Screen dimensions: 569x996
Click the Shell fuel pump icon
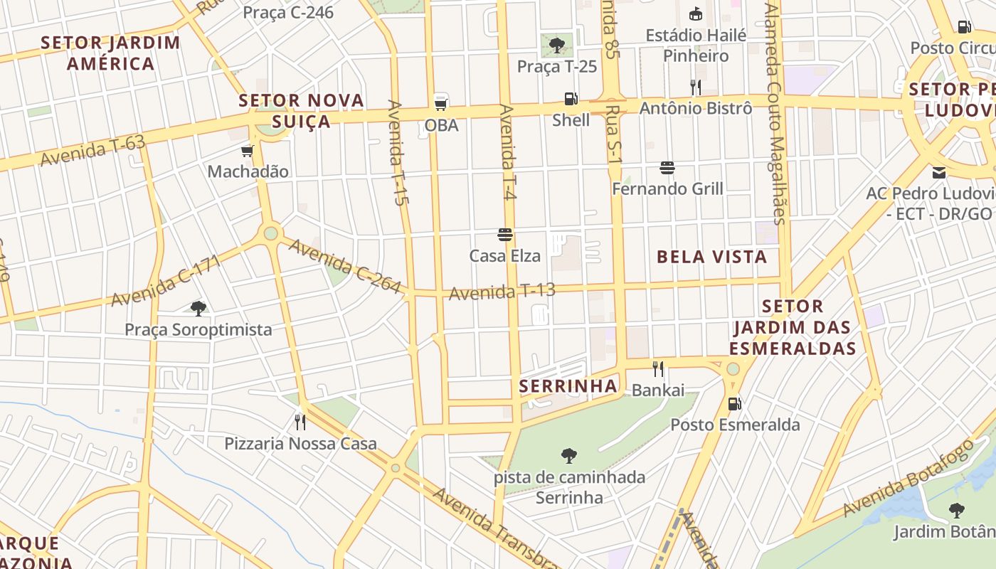571,99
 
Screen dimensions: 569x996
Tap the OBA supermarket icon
441,103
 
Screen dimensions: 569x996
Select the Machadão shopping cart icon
248,151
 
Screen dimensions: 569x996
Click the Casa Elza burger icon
505,235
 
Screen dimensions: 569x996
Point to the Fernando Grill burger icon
667,168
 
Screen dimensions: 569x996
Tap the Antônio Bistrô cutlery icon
695,87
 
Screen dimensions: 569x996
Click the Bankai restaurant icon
658,368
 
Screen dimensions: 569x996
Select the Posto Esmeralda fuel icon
734,404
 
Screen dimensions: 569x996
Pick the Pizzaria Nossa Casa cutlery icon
300,422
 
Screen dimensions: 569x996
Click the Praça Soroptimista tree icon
198,308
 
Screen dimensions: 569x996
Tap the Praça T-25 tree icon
556,45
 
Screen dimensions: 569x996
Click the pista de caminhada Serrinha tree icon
569,455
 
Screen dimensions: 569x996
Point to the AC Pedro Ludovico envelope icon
939,172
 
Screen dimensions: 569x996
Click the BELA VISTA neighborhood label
711,257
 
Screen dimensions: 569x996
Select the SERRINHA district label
567,386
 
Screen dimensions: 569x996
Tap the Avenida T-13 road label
502,292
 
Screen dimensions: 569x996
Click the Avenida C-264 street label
345,266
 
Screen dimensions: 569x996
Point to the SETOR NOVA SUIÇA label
302,110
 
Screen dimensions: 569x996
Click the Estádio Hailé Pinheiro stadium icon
695,14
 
